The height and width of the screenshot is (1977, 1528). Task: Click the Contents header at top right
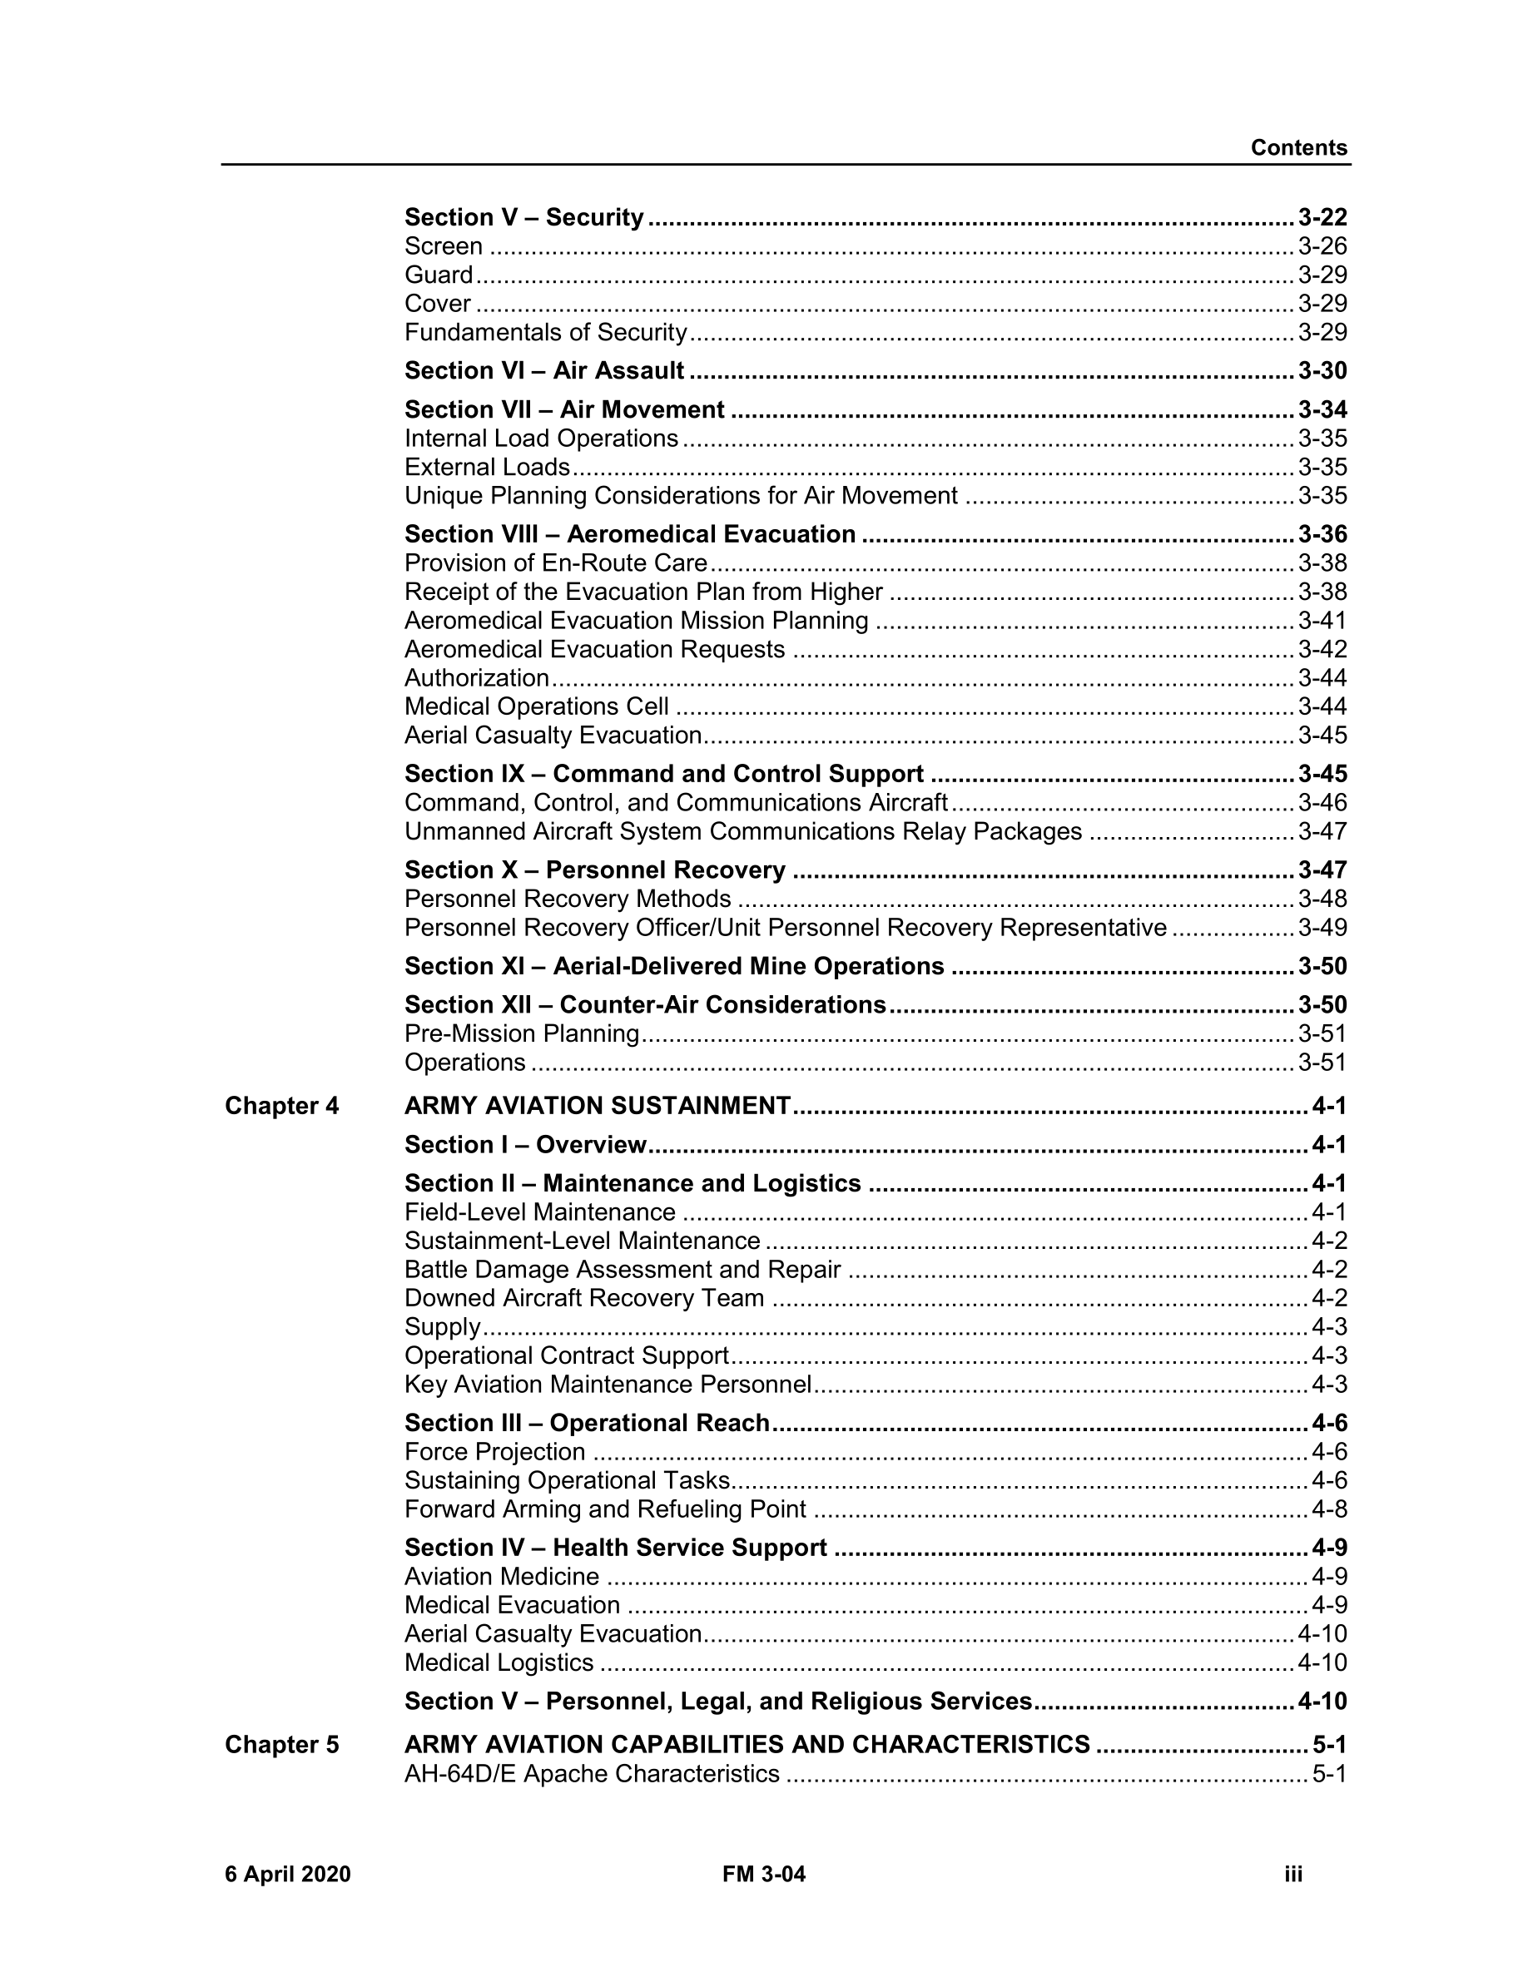pos(1298,147)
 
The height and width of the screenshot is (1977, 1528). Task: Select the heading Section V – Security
pos(523,217)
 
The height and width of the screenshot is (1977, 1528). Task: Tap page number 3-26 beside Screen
pos(1322,246)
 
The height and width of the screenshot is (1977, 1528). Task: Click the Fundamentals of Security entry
pos(546,332)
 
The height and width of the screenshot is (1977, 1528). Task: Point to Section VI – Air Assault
pos(544,370)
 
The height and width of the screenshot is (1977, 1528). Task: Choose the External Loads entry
pos(487,467)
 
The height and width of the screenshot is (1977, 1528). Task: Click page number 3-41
pos(1322,620)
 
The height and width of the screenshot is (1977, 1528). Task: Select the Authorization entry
pos(476,678)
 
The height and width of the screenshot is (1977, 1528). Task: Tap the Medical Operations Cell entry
pos(537,706)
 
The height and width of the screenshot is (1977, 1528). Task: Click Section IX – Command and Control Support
pos(663,774)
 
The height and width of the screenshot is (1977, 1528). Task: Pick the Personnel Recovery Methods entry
pos(568,899)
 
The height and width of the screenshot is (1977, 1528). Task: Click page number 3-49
pos(1322,928)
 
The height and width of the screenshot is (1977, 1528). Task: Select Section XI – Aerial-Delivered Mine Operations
pos(674,966)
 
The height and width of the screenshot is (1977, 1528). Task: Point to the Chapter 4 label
pos(281,1106)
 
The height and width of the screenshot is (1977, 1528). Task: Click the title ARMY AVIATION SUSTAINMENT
pos(598,1106)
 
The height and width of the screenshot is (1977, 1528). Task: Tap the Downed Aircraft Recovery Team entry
pos(584,1298)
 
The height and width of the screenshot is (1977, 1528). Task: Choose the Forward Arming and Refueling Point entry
pos(605,1509)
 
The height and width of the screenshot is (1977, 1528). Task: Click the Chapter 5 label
pos(281,1744)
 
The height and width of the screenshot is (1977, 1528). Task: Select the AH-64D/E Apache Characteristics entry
pos(591,1773)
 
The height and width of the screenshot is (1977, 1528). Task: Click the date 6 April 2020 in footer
pos(288,1874)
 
